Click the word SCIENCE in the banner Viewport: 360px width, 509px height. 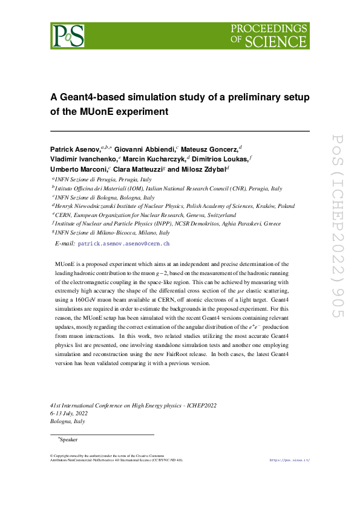point(276,41)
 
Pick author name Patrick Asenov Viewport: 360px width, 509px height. point(74,148)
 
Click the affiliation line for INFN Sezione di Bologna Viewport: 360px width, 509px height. point(104,198)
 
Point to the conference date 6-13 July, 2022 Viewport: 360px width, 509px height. point(71,412)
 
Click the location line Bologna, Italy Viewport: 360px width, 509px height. point(68,421)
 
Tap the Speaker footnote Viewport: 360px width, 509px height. point(67,439)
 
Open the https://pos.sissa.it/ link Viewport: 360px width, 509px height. point(289,460)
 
